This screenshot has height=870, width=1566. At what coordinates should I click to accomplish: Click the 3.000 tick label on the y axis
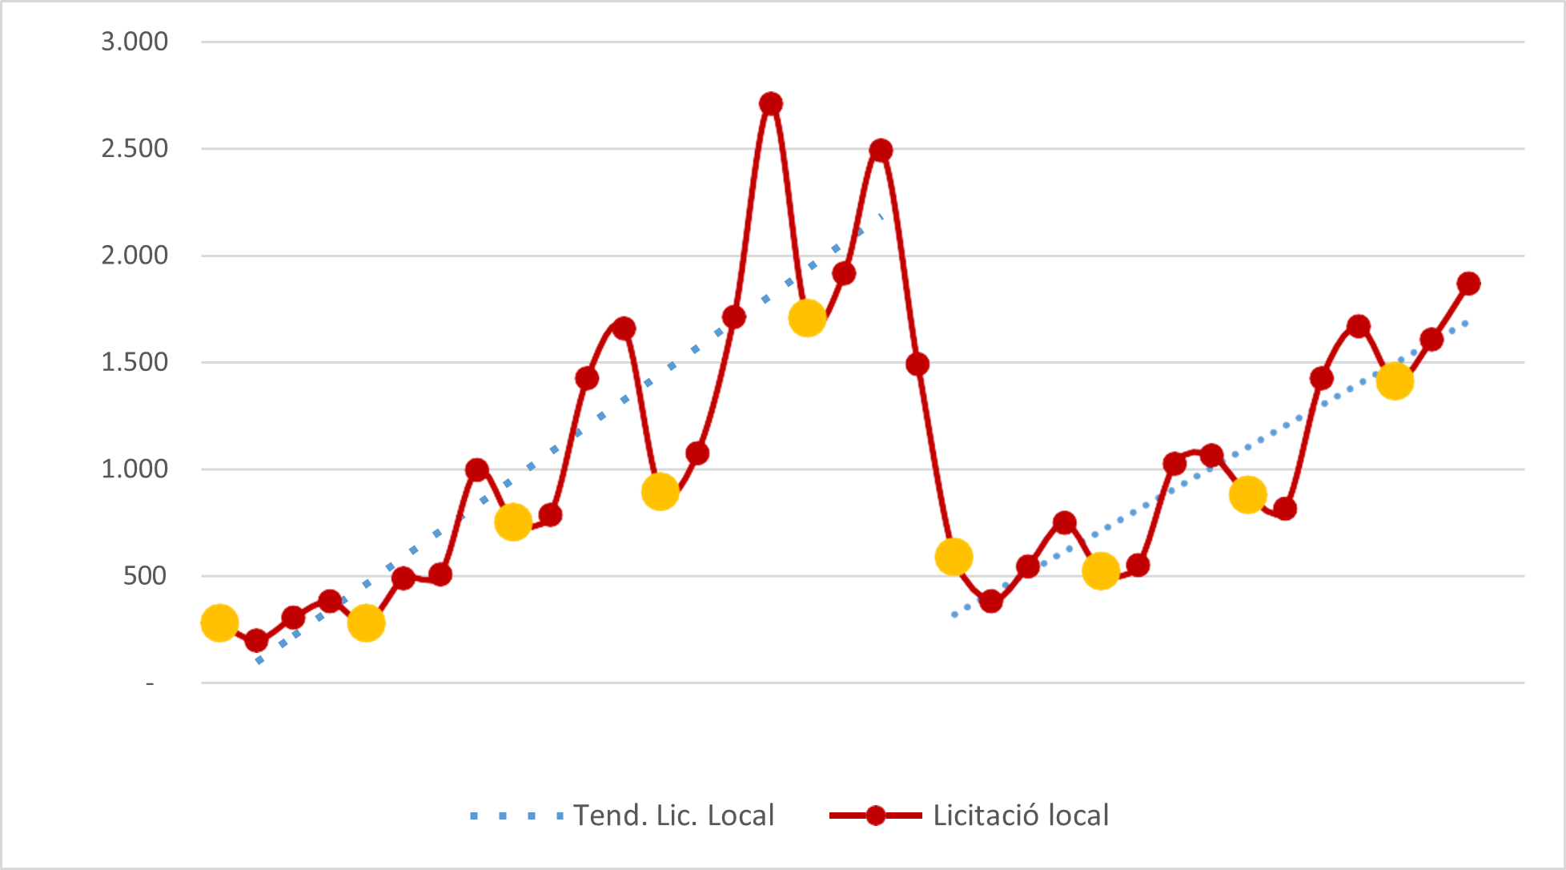pos(135,42)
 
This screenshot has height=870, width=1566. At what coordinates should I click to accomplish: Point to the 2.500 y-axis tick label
pos(135,148)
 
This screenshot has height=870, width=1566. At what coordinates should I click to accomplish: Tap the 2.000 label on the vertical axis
pos(135,256)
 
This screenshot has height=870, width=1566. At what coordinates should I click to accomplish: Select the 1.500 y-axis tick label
pos(135,362)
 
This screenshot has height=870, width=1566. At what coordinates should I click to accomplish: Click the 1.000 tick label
pos(135,469)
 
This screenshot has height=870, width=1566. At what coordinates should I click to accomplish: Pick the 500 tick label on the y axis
pos(146,575)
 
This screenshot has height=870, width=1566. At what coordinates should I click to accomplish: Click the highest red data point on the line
pos(770,103)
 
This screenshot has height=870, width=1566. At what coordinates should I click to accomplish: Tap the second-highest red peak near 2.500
pos(881,150)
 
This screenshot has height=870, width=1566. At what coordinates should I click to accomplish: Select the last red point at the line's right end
pos(1468,283)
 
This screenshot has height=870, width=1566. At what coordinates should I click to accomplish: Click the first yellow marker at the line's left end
pos(219,622)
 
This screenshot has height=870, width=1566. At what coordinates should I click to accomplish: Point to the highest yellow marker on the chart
pos(807,318)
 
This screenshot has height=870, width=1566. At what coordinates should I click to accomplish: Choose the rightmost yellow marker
pos(1395,381)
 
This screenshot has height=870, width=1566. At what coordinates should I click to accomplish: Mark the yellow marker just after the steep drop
pos(954,556)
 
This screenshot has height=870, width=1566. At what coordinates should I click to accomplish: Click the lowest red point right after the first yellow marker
pos(256,640)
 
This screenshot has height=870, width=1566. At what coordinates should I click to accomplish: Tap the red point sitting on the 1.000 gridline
pos(476,469)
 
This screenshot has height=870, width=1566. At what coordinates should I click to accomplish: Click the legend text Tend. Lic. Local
pos(674,816)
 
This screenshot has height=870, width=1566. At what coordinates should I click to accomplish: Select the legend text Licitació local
pos(1021,816)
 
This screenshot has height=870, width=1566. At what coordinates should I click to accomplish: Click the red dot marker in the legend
pos(876,816)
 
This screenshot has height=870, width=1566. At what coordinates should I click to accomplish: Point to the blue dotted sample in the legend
pos(516,816)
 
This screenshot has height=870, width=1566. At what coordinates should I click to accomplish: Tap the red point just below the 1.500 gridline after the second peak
pos(918,365)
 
